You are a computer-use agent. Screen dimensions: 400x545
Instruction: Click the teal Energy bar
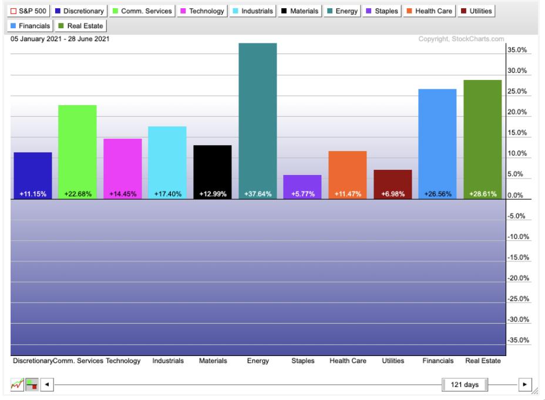point(258,117)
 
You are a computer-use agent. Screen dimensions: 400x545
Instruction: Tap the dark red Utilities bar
point(393,182)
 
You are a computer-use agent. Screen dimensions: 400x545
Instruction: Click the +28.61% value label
point(483,194)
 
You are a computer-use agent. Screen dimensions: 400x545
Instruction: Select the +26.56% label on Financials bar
point(438,194)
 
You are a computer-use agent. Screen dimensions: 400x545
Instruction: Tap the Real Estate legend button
point(80,26)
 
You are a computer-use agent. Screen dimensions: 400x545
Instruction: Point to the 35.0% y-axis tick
point(517,51)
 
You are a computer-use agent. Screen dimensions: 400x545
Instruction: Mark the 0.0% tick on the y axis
point(514,196)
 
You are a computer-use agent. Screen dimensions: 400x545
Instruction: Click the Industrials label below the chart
point(167,361)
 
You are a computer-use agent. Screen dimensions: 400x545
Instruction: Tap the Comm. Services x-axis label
point(78,361)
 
